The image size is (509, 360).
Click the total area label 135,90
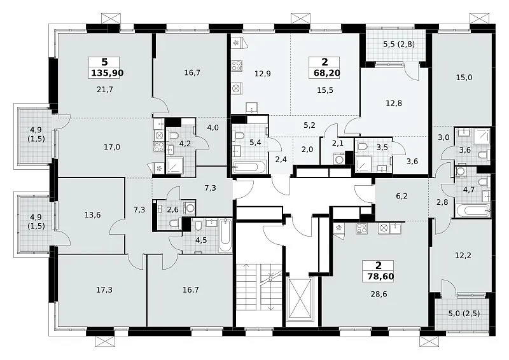(x=107, y=73)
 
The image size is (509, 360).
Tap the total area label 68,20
(x=327, y=73)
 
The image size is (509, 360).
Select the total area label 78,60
(x=380, y=277)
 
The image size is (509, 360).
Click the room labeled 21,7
(x=105, y=89)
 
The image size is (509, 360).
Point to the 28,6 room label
(x=379, y=294)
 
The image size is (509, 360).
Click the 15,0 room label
(x=464, y=78)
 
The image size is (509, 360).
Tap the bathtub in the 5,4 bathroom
(x=249, y=167)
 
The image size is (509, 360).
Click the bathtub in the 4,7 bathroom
(x=473, y=211)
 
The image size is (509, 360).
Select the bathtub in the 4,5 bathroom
(x=225, y=236)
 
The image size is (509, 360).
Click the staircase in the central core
(x=259, y=287)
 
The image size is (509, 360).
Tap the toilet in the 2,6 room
(x=176, y=223)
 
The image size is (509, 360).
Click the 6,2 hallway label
(x=401, y=196)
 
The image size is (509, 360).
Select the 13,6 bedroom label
(x=92, y=215)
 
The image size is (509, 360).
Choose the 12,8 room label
(x=394, y=103)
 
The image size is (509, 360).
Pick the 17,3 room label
(x=104, y=289)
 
